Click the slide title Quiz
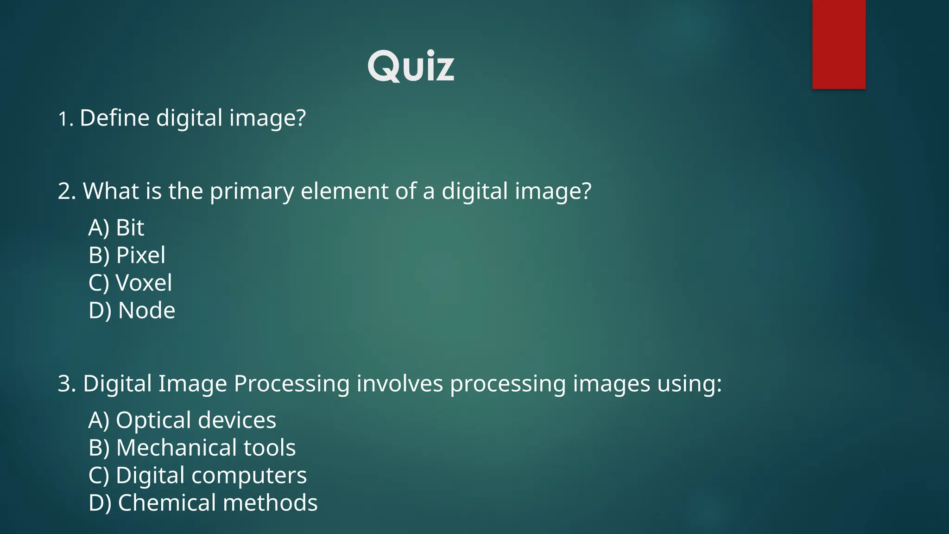pyautogui.click(x=411, y=67)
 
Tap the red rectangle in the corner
pyautogui.click(x=839, y=44)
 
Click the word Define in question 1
pyautogui.click(x=114, y=118)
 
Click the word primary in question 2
pyautogui.click(x=252, y=192)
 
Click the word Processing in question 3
pyautogui.click(x=291, y=384)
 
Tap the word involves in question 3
pyautogui.click(x=399, y=384)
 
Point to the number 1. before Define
pyautogui.click(x=65, y=119)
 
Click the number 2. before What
pyautogui.click(x=67, y=191)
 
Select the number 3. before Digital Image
pyautogui.click(x=67, y=384)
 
